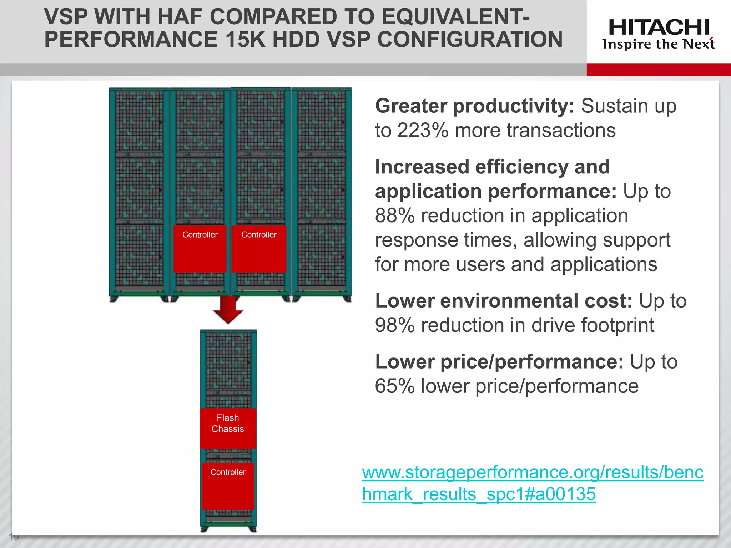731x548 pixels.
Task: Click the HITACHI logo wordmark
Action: [659, 27]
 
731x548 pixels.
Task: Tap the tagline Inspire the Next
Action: [659, 44]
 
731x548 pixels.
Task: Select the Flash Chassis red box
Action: [228, 428]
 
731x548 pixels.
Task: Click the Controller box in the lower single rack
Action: [228, 486]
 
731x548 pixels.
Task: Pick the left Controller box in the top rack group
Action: [200, 249]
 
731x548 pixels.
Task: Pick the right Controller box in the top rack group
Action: [259, 249]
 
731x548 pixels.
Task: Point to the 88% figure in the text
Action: [395, 216]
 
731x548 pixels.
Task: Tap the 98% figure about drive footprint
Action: [395, 325]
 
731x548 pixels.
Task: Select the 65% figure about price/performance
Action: [395, 386]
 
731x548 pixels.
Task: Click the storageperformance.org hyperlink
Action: [532, 483]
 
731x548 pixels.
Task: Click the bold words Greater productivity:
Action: [474, 106]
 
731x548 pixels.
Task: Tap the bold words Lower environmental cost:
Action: [503, 301]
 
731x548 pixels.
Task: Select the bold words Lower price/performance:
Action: [499, 362]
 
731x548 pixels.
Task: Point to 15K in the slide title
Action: [246, 39]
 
